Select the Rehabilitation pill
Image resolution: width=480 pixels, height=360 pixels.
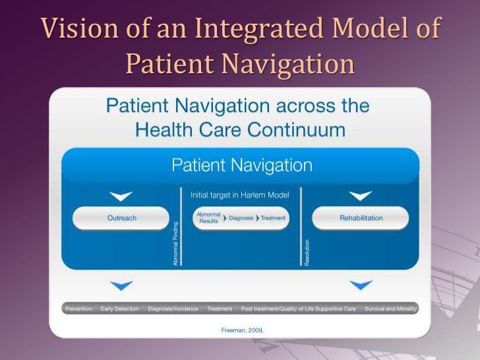361,218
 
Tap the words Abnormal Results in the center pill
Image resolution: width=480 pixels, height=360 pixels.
208,218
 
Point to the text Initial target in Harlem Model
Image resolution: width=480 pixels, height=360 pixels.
240,195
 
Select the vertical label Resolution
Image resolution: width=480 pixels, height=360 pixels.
307,252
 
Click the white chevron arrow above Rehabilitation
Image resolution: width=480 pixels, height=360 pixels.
361,196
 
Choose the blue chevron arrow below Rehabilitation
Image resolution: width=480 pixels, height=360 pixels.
361,285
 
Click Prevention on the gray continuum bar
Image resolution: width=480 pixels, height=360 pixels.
78,309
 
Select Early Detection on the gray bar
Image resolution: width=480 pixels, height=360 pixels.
120,309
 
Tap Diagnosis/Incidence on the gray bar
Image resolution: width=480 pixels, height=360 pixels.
173,309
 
